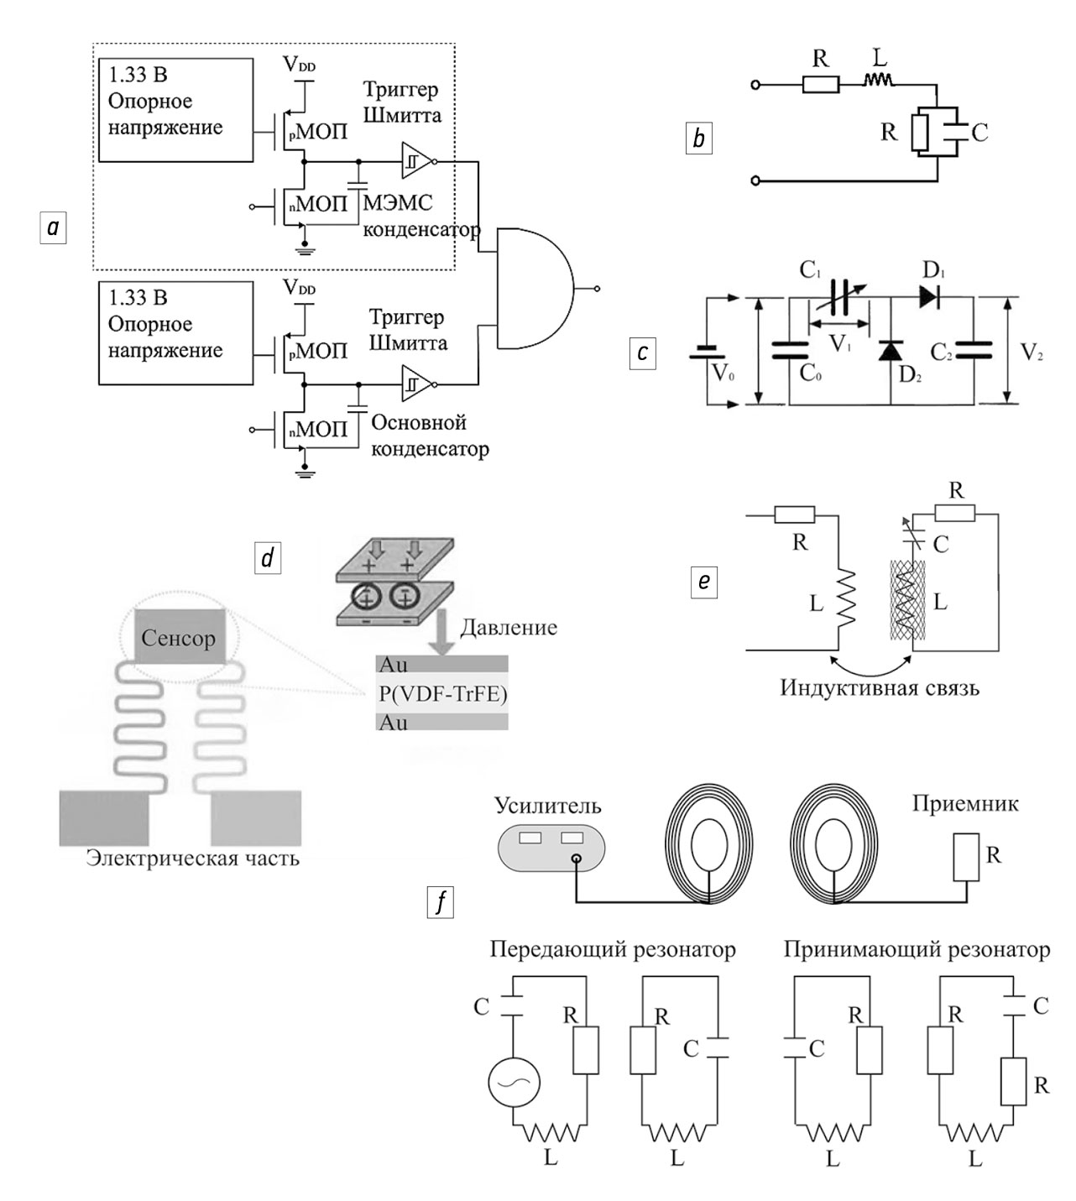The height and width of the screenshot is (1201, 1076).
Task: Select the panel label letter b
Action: (698, 138)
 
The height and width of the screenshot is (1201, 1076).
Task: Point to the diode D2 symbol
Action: (890, 351)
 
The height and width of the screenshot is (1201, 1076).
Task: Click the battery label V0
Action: (723, 373)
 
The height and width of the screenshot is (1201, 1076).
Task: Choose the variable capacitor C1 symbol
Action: (839, 296)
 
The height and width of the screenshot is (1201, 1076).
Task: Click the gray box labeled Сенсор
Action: (178, 639)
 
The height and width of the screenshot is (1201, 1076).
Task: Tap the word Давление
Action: (509, 628)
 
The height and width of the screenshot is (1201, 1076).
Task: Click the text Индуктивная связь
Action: (880, 688)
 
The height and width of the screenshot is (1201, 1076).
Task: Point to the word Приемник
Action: (965, 804)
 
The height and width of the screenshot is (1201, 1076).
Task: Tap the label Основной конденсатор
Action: (430, 436)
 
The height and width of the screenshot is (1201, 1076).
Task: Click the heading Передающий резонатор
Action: (613, 950)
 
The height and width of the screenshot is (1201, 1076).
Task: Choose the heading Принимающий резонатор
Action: (917, 950)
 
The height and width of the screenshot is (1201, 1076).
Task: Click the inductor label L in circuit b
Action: (880, 58)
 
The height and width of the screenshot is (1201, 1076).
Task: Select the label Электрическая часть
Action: (193, 859)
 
